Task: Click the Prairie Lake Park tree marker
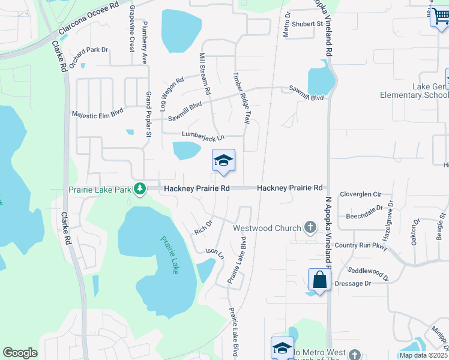[140, 189]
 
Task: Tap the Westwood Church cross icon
[310, 227]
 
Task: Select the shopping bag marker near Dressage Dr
[319, 280]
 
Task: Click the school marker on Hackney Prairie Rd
[223, 161]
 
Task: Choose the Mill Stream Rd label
[205, 73]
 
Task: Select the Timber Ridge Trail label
[241, 98]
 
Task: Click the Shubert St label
[308, 24]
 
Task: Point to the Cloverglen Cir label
[361, 194]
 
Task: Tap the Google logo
[20, 353]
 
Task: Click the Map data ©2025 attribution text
[424, 355]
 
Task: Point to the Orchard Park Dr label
[88, 57]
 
